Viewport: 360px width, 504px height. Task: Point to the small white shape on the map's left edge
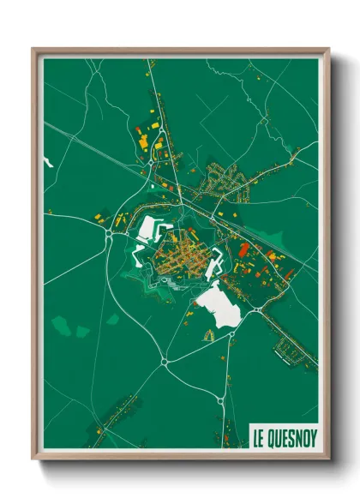[48, 160]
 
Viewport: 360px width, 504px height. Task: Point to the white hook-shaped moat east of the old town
[225, 261]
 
